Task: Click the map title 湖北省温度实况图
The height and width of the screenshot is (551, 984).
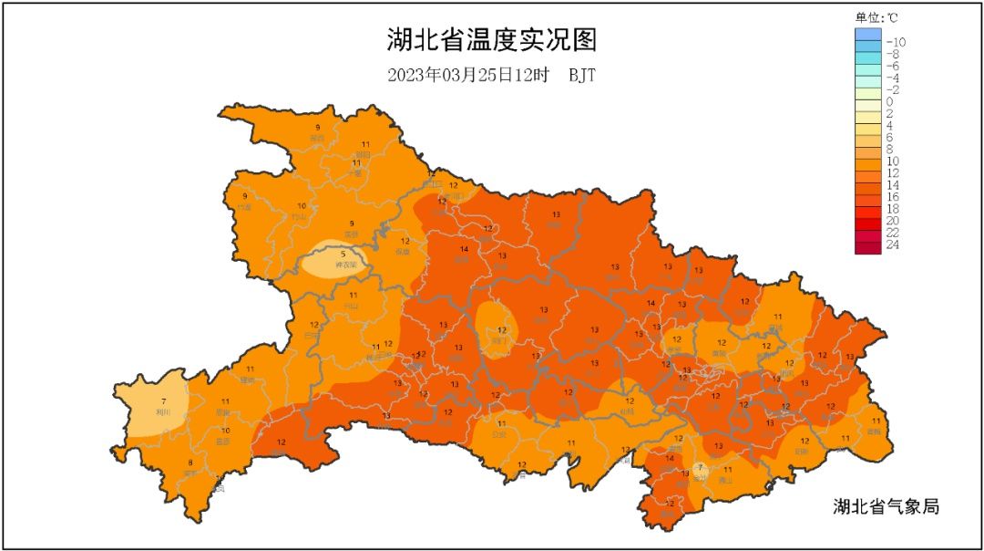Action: click(x=491, y=41)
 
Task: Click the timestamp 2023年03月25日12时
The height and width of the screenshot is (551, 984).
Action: click(x=466, y=75)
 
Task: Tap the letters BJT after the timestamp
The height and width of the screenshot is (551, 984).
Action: click(x=582, y=75)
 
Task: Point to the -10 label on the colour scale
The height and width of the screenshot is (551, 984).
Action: click(x=896, y=42)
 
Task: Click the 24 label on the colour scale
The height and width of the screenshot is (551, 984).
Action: click(x=893, y=244)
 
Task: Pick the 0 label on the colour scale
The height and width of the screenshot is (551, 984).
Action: click(x=889, y=101)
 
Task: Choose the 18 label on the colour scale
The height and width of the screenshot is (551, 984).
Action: click(x=893, y=209)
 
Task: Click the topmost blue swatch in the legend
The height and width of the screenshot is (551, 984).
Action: click(x=868, y=35)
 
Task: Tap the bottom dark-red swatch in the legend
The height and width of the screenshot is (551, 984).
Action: click(x=868, y=246)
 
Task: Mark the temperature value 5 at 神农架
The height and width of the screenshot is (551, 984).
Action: click(x=343, y=255)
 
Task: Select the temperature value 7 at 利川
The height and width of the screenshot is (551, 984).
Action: click(x=163, y=401)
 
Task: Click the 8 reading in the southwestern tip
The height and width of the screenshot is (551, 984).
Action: click(x=190, y=463)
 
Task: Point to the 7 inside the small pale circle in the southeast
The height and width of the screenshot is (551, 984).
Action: click(x=699, y=468)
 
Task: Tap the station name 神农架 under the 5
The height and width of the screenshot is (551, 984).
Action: click(x=343, y=265)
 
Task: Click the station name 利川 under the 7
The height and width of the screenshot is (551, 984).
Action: click(x=163, y=412)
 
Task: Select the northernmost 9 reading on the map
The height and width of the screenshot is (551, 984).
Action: click(x=317, y=128)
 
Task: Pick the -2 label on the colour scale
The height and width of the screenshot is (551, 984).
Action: click(x=894, y=89)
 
